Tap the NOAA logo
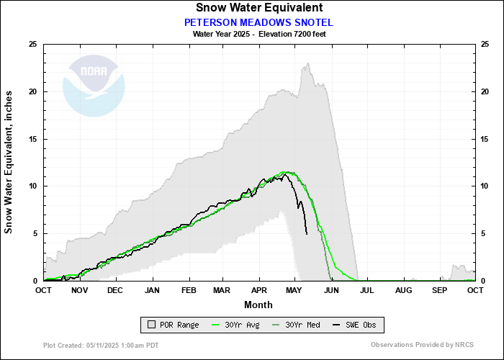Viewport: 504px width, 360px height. click(94, 85)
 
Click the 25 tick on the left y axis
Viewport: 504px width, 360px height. click(32, 45)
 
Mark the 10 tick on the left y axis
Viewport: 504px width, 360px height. click(32, 186)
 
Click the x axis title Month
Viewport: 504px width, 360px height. click(258, 305)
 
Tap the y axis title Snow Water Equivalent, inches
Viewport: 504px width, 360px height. click(10, 162)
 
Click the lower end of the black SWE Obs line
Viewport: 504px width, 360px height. click(307, 234)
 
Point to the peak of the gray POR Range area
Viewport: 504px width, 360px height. click(308, 63)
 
